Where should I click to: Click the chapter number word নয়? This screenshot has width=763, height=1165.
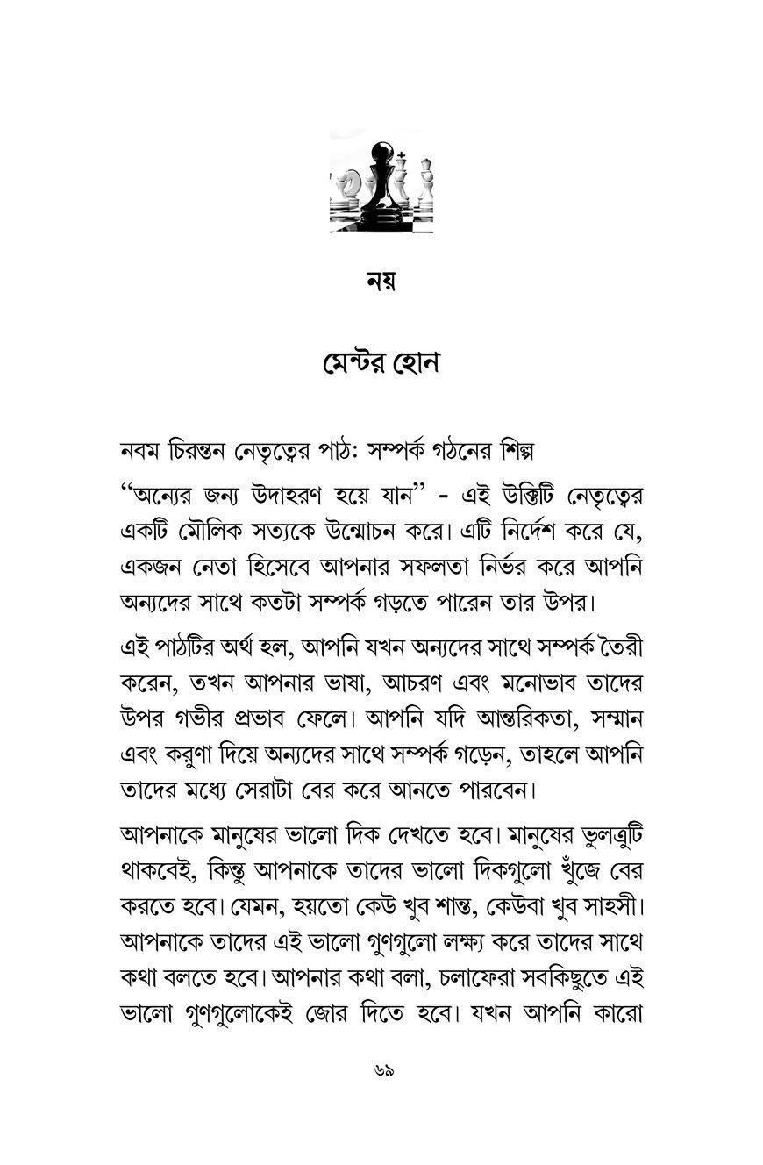381,282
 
